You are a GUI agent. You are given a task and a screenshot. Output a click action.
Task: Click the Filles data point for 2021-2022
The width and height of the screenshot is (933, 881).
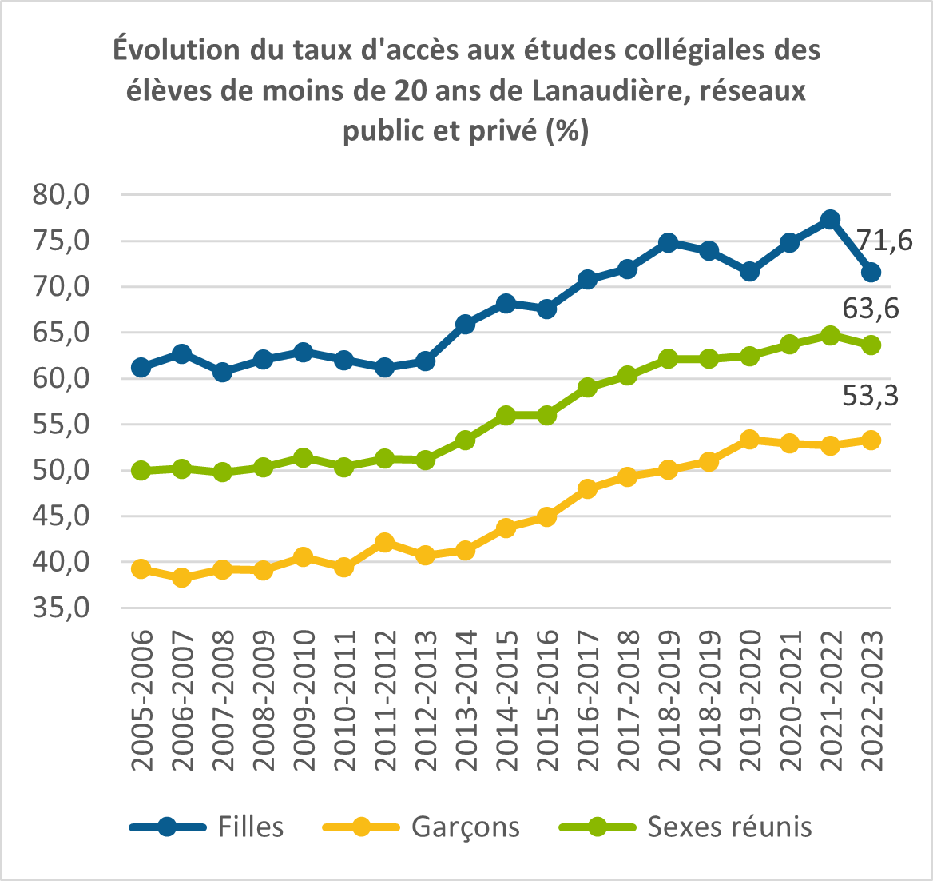(830, 219)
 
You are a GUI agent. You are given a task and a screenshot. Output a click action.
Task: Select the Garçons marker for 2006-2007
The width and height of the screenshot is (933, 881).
(181, 577)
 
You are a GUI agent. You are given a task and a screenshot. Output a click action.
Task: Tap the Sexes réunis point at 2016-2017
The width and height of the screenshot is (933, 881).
(586, 388)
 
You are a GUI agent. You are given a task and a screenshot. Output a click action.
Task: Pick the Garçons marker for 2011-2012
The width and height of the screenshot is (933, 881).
(384, 542)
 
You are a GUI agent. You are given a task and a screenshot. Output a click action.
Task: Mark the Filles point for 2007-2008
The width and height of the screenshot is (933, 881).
(222, 373)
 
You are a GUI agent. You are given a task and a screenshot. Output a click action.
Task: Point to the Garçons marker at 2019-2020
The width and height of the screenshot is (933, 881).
(749, 440)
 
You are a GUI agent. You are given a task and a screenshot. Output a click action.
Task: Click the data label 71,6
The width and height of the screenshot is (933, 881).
(884, 241)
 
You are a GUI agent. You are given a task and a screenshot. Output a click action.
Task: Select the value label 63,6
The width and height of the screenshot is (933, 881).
(871, 309)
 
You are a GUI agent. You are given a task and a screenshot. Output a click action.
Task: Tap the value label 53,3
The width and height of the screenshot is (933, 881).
(871, 396)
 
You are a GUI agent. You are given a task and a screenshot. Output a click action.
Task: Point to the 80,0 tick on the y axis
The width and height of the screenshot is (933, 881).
(61, 195)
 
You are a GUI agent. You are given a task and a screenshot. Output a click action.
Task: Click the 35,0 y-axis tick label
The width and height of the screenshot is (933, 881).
(61, 608)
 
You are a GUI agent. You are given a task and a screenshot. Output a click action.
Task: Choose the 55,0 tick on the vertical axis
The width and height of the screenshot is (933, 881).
(61, 425)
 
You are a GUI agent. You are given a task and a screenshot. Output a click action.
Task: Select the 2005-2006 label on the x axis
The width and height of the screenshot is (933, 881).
(141, 700)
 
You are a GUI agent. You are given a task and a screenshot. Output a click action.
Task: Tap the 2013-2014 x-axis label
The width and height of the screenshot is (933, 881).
(466, 700)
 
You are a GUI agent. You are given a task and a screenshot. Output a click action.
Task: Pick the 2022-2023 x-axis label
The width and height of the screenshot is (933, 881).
(871, 700)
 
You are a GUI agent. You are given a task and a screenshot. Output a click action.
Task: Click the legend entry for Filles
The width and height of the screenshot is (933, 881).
(206, 827)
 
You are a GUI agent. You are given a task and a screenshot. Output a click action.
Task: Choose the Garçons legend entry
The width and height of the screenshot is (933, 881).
(421, 827)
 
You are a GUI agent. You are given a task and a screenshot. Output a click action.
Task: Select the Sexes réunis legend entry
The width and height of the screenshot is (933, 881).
(686, 827)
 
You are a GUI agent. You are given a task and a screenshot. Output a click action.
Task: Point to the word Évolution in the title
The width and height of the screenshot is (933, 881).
(177, 50)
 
